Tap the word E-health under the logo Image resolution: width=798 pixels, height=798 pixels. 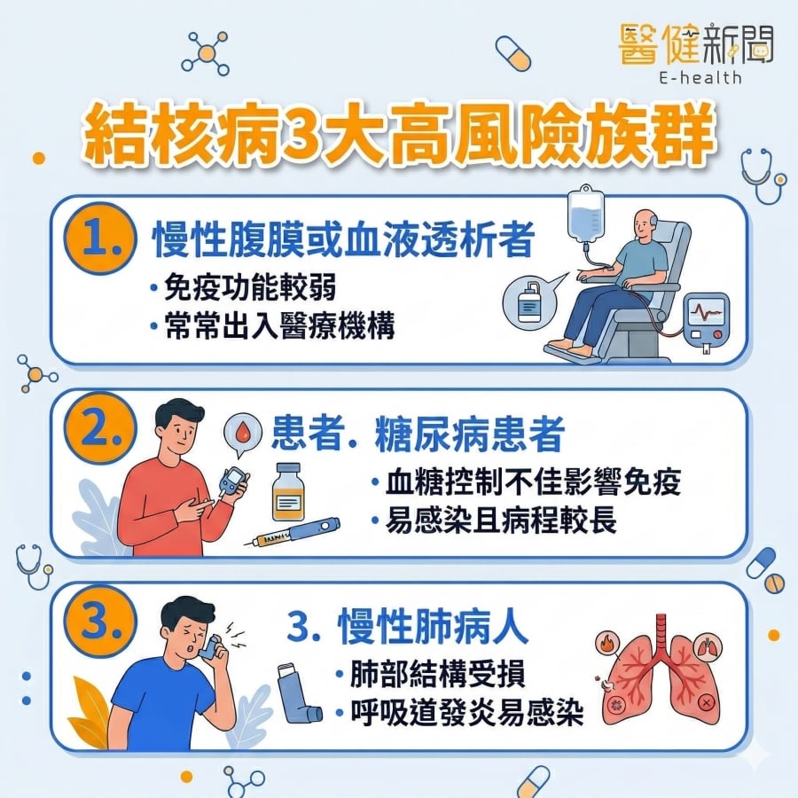coord(700,77)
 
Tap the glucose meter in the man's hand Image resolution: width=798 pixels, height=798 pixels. coord(232,480)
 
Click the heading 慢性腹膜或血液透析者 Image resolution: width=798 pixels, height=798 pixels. coord(343,239)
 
